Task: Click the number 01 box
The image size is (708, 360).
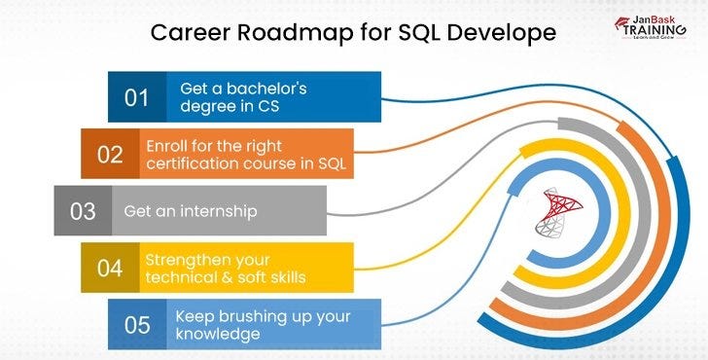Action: tap(136, 97)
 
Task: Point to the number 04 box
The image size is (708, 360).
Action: tap(109, 268)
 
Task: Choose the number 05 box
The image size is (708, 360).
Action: tap(135, 324)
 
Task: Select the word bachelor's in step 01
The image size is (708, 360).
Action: tap(259, 88)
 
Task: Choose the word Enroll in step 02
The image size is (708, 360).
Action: tap(166, 144)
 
